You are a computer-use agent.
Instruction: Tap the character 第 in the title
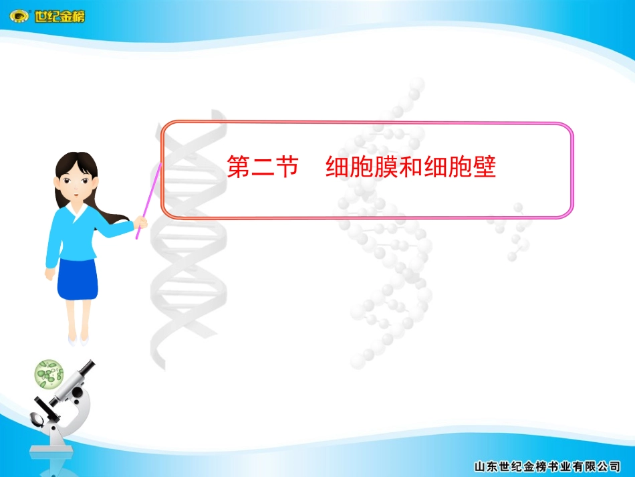point(239,167)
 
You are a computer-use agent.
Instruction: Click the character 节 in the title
point(287,167)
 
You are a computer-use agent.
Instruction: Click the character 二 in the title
point(263,167)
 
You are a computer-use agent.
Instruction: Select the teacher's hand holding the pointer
point(141,221)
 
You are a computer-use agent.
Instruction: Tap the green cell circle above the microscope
point(49,374)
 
